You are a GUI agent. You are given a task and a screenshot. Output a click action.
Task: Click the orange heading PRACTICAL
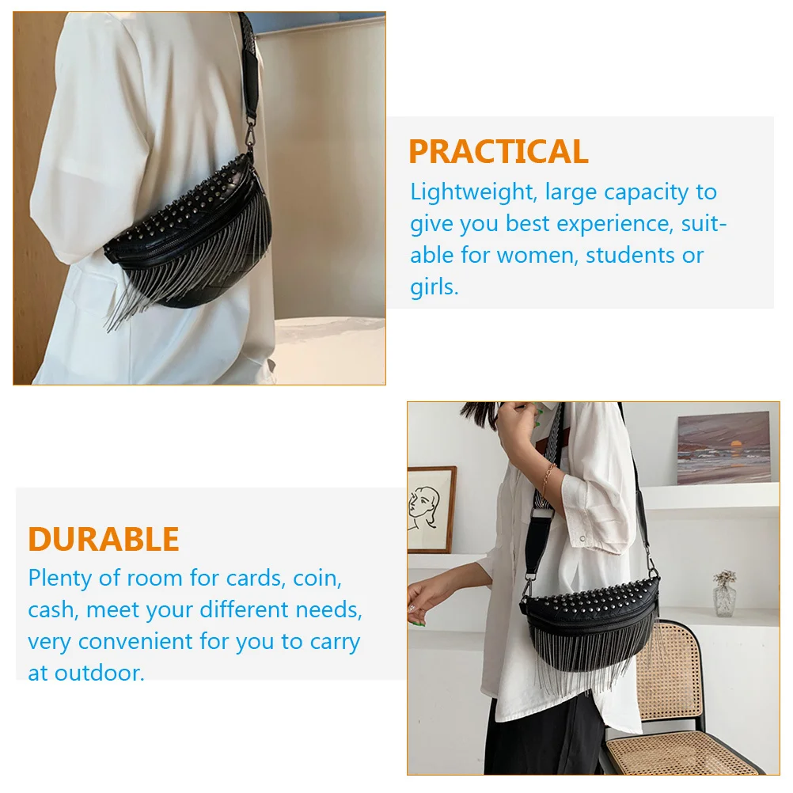point(498,152)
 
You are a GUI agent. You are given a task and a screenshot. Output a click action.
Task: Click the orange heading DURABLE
point(104,540)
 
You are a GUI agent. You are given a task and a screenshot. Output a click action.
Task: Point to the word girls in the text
point(434,287)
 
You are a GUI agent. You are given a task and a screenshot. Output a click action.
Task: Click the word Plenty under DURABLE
point(60,579)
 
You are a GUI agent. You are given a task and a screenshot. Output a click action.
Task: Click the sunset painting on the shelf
point(723,447)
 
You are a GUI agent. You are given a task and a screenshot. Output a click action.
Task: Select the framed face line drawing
point(431,510)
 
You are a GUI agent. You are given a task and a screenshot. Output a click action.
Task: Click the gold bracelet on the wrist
point(547,478)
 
